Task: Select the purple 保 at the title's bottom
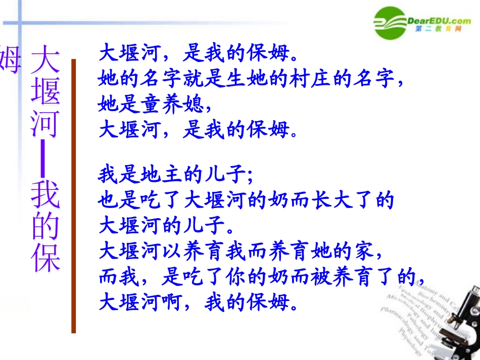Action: click(45, 258)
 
